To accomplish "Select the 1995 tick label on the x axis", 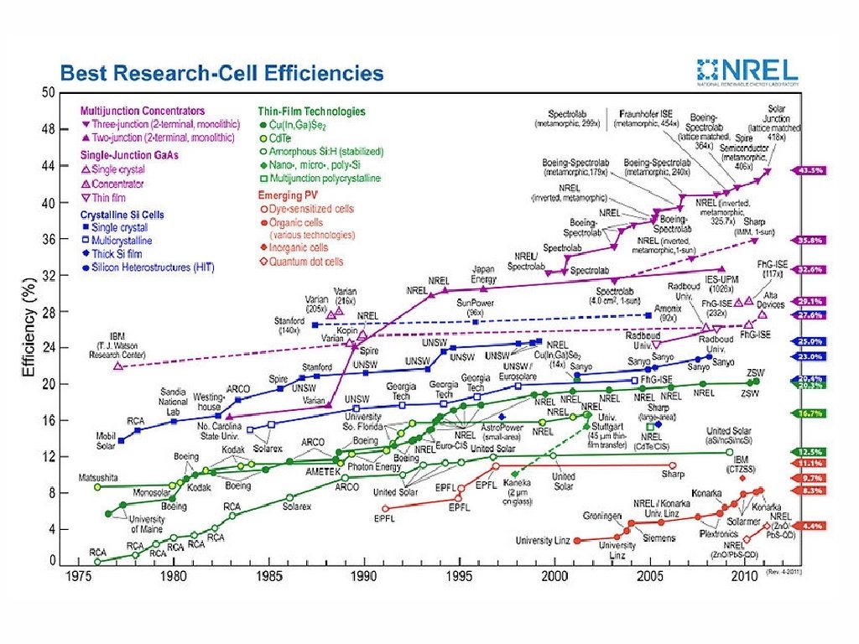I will (x=458, y=577).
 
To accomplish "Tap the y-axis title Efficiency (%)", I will (x=29, y=330).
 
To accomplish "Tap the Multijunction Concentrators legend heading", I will (x=142, y=111).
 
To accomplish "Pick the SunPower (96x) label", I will (x=475, y=306).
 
